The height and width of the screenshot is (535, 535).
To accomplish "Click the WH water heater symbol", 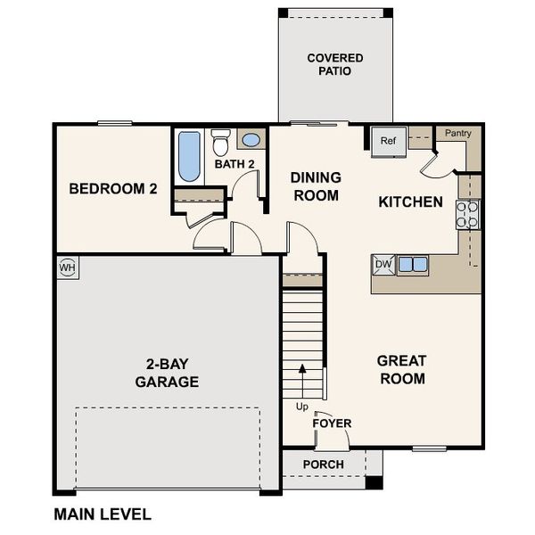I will point(67,267).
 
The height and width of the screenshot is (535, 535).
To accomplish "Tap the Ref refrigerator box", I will point(389,141).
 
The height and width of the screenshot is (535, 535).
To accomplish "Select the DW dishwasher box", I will point(383,264).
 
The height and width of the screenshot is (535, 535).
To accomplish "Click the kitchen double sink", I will point(413,264).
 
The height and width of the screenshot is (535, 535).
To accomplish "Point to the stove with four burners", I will point(468,214).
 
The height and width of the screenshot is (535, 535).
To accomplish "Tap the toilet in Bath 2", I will point(221,142).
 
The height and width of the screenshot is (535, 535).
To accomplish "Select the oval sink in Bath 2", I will point(251,140).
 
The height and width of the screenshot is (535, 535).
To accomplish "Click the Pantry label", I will point(457,133).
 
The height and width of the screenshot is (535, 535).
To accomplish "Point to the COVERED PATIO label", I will point(334,64).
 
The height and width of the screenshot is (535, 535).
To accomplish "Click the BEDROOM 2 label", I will point(113,189).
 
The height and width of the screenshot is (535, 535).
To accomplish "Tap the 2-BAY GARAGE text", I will point(167,373).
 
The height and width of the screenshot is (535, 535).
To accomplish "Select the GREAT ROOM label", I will point(401,369).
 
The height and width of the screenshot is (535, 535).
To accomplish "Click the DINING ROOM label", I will point(315,186).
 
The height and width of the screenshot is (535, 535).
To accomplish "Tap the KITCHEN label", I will point(410,202).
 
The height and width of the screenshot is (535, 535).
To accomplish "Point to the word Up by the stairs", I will point(301,407).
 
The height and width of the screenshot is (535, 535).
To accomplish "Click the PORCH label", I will point(323,465).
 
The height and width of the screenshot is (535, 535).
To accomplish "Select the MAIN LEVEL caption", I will point(103,514).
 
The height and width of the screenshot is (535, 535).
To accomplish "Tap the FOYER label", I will point(331,423).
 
